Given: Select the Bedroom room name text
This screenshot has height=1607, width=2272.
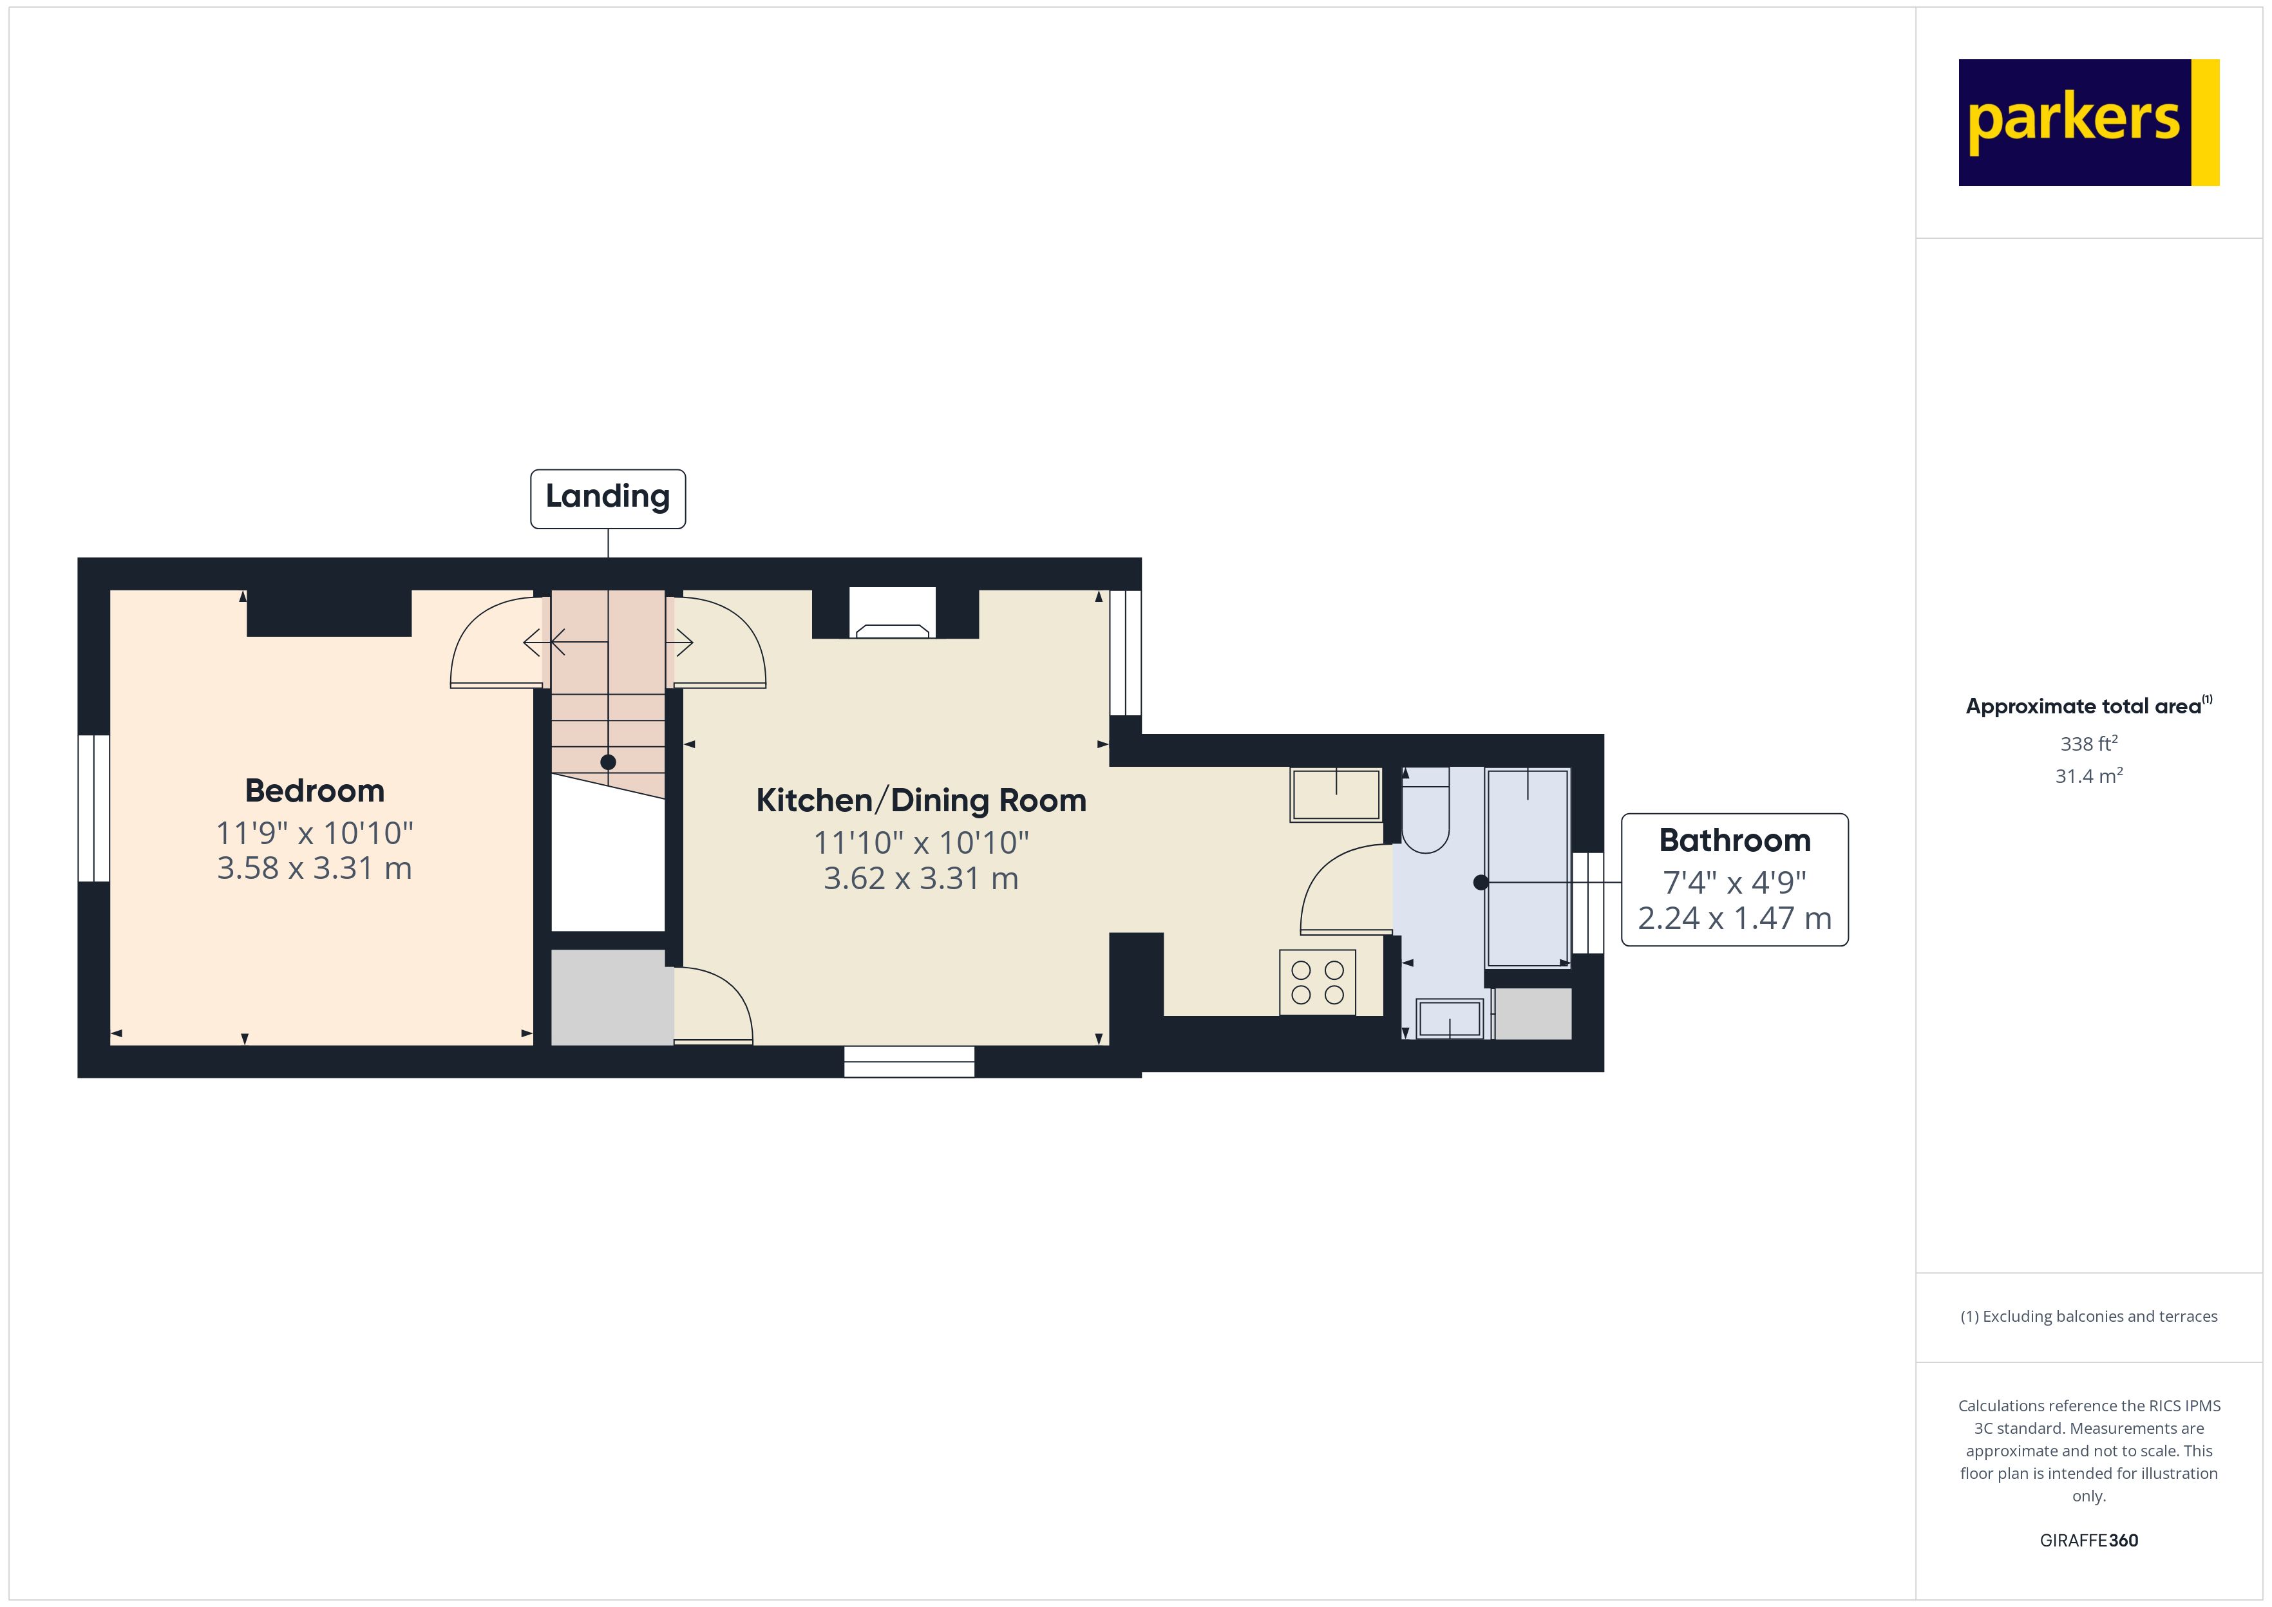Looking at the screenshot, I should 315,791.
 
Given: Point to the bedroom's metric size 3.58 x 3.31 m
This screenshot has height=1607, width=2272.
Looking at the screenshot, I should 315,869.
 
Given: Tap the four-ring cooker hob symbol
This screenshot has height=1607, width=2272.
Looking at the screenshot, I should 1317,982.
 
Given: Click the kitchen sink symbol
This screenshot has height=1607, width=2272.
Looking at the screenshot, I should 1335,794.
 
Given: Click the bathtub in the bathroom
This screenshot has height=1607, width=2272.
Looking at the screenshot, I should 1527,867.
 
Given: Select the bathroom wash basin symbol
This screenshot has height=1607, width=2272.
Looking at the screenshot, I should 1449,1019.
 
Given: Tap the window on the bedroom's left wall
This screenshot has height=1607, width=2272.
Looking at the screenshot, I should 94,807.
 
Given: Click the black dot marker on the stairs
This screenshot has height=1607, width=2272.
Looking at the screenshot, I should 607,762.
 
